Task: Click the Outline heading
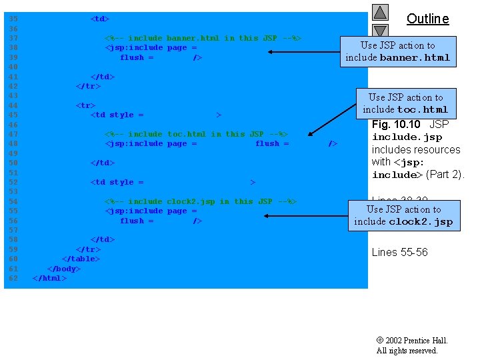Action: [427, 19]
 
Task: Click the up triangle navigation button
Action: [380, 12]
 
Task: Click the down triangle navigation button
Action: [380, 30]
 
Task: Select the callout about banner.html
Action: [397, 51]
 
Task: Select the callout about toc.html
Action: [405, 103]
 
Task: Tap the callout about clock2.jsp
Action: [403, 215]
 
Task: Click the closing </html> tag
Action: [49, 278]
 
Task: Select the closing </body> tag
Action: [64, 269]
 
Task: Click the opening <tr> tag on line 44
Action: [85, 105]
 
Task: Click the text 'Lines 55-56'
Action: [399, 252]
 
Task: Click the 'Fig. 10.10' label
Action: [396, 124]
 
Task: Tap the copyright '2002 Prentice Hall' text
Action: [412, 341]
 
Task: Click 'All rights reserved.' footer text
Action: [407, 351]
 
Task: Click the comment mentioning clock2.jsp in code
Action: [201, 201]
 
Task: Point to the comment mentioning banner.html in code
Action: [203, 38]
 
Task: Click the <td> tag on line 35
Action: [100, 19]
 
